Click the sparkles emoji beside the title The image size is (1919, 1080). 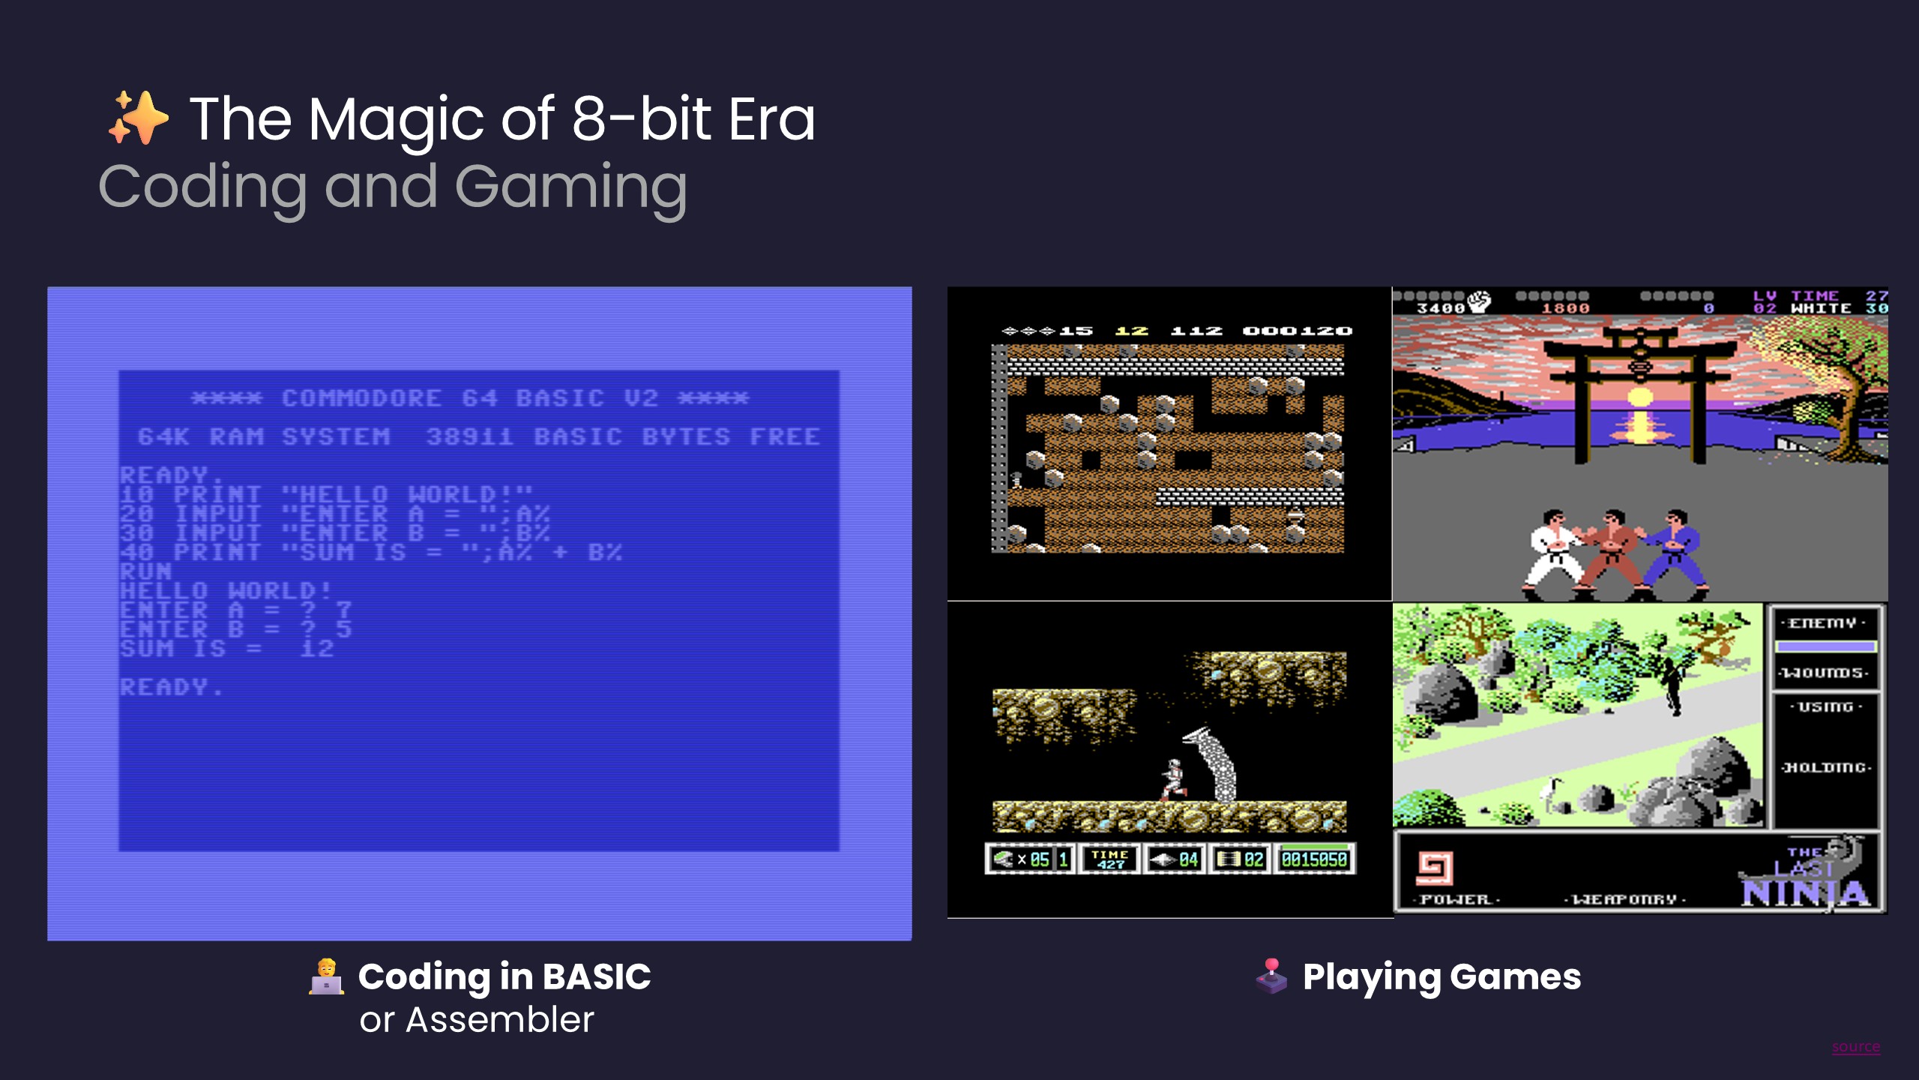139,118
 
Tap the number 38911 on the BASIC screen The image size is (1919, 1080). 470,436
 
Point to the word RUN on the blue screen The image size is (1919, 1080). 145,571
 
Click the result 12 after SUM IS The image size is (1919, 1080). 317,649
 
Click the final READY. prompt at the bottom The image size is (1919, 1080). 171,687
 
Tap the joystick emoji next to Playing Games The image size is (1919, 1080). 1272,976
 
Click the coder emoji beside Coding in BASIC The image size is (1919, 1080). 326,976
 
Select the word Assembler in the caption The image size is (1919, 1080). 499,1020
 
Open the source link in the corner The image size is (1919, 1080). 1855,1047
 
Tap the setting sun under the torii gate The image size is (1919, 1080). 1640,397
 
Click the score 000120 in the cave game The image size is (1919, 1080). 1297,331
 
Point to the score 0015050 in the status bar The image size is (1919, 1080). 1314,859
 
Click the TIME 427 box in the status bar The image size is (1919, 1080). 1109,859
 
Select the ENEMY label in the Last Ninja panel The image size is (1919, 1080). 1823,623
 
